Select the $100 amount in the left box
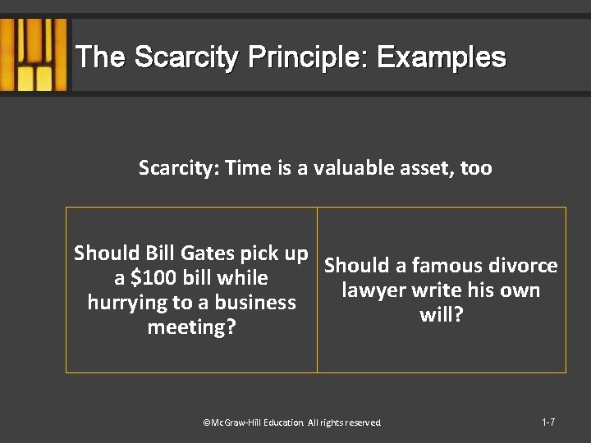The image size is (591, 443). [155, 278]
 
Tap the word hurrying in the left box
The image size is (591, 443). [126, 303]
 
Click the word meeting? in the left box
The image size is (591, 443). [190, 328]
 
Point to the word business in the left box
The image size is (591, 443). [254, 303]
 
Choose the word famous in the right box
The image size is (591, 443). [447, 266]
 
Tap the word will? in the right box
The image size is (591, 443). [442, 316]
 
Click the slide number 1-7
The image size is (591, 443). [548, 422]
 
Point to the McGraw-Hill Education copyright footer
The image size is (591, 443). [292, 422]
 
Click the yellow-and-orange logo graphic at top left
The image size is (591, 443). [34, 55]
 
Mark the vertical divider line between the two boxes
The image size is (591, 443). [317, 290]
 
